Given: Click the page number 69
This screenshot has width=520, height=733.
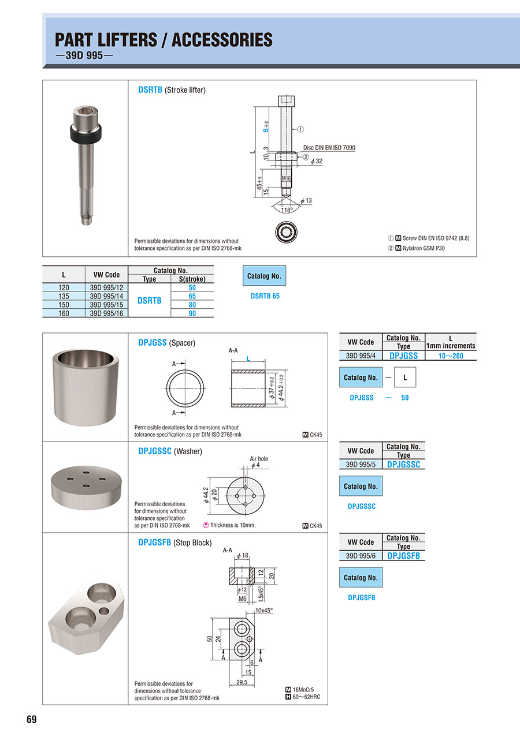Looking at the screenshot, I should pos(31,719).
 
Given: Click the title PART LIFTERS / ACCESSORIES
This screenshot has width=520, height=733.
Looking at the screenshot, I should pos(164,40).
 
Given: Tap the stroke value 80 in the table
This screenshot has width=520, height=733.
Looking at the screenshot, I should pos(192,305).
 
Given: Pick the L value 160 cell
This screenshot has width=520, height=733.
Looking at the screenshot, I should pos(64,313).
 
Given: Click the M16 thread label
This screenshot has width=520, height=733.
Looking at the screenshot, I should pos(287,179).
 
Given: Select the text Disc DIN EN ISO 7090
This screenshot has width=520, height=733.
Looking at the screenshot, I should pos(329,148).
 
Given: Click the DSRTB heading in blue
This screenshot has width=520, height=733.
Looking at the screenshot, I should pos(150,90).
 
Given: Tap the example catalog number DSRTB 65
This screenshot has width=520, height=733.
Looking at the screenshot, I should pos(265,296).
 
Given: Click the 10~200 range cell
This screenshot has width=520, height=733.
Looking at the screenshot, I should pos(451,356).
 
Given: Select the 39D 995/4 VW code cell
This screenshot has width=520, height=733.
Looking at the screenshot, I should pos(361,356).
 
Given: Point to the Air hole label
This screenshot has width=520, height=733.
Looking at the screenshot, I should pos(259,459).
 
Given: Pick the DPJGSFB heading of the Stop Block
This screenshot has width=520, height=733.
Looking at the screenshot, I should pos(154,543).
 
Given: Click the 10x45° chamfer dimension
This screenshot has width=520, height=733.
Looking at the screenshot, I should pos(263,610).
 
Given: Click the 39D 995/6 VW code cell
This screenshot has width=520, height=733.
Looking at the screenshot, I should pos(361,556).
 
